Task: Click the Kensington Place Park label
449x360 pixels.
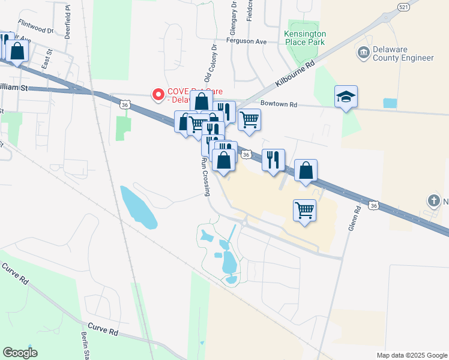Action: [305, 38]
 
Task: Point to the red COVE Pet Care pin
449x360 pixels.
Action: [158, 95]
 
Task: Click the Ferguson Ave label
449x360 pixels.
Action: [246, 41]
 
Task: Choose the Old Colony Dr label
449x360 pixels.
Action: [211, 62]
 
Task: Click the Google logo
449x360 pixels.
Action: [20, 353]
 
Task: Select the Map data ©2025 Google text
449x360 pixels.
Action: [411, 355]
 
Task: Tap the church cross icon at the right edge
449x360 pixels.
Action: [433, 200]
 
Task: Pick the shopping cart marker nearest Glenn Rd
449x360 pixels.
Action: [305, 211]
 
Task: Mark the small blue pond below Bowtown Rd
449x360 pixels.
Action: [390, 103]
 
